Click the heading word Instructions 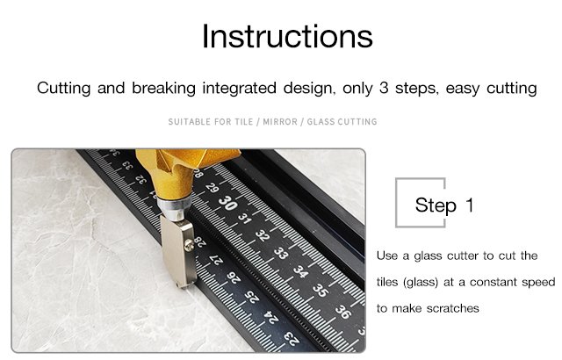pos(287,36)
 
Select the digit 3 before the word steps pos(384,88)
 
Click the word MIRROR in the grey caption pos(280,122)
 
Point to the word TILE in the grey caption pos(244,122)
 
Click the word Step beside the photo pos(436,205)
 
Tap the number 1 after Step pos(470,205)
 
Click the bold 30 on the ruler pos(228,203)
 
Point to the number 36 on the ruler pos(343,312)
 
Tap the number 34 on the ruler pos(300,271)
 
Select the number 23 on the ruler pos(292,338)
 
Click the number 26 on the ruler pos(234,277)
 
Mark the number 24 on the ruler pos(271,318)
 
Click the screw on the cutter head pos(189,245)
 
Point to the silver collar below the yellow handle pos(175,207)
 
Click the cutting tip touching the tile pos(182,285)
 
